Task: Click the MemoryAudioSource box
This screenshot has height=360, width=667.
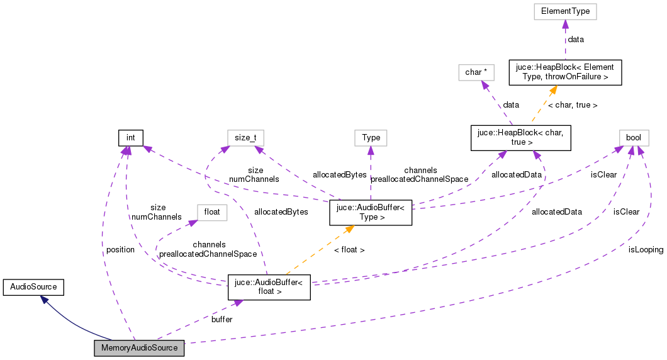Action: tap(139, 348)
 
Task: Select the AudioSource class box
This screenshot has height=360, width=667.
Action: tap(33, 287)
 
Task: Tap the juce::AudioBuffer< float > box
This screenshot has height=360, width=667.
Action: tap(269, 287)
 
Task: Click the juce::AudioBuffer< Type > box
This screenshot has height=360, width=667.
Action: tap(370, 213)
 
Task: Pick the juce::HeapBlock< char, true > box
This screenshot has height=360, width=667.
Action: tap(521, 138)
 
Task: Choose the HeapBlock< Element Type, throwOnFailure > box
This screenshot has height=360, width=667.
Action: tap(565, 72)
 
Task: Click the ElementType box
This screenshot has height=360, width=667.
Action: tap(565, 11)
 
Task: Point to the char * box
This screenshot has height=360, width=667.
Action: tap(473, 72)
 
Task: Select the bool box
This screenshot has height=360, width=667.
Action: tap(633, 137)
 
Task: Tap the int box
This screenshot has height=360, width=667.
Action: tap(131, 137)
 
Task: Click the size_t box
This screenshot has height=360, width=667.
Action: tap(245, 137)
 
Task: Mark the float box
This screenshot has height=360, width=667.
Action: tap(212, 212)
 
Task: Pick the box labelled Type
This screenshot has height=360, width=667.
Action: tap(371, 137)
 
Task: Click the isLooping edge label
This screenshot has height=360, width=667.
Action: tap(646, 249)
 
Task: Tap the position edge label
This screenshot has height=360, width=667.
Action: tap(120, 249)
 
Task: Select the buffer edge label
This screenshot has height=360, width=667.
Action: tap(221, 319)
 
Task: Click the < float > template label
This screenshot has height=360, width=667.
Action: tap(349, 250)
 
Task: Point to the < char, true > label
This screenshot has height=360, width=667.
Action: tap(573, 104)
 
